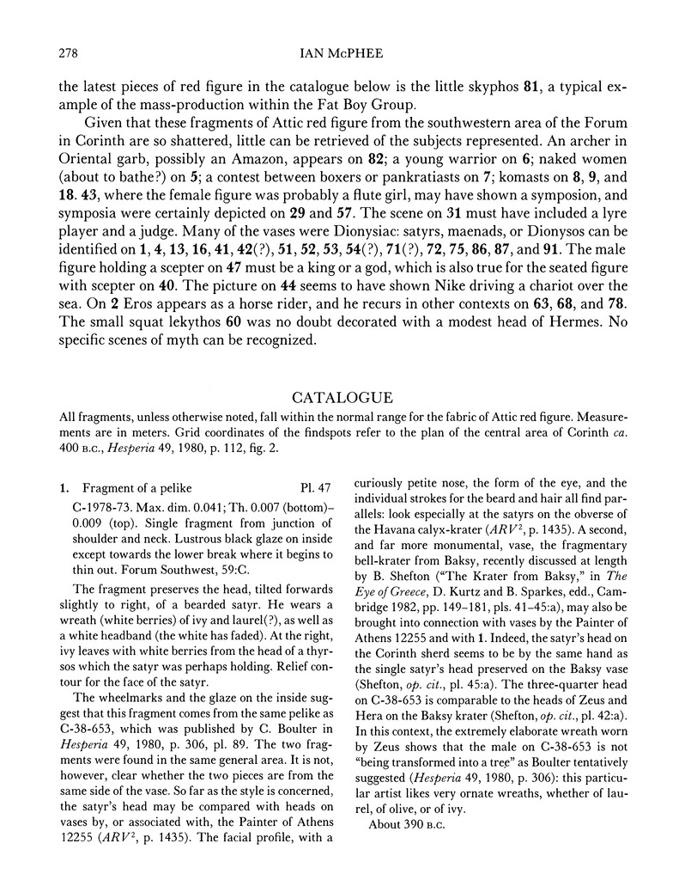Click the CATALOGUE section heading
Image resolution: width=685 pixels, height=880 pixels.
(x=342, y=398)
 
